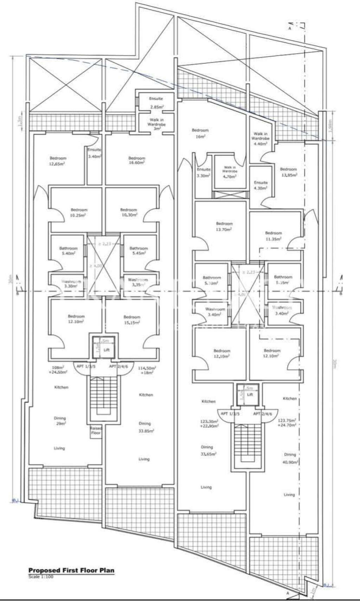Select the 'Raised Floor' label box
[96, 431]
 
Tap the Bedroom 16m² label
[200, 133]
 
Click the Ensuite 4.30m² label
[261, 185]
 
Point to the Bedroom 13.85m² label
[288, 172]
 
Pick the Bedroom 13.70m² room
[224, 226]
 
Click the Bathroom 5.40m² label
[68, 251]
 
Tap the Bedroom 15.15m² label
[132, 319]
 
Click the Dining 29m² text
[60, 421]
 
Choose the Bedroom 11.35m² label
[274, 236]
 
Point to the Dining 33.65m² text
[207, 450]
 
